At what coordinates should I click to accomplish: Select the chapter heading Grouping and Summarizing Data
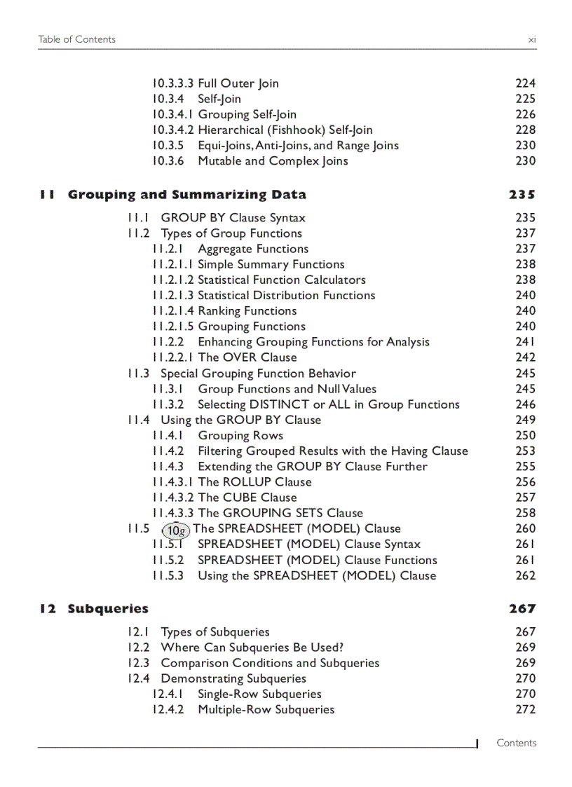pos(186,195)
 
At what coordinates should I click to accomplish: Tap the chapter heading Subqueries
pos(108,609)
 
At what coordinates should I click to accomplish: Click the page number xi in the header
pos(531,39)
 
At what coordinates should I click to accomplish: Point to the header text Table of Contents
pos(77,39)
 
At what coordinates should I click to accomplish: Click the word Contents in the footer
pos(516,743)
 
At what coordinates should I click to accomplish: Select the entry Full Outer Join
pos(238,83)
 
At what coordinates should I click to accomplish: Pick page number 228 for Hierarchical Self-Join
pos(525,130)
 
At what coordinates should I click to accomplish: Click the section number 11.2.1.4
pos(173,311)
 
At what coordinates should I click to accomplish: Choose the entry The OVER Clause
pos(247,357)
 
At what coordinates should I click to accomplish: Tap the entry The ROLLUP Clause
pos(254,482)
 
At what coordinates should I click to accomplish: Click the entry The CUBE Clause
pos(247,498)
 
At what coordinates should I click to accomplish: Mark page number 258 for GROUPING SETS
pos(525,513)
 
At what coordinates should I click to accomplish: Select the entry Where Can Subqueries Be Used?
pos(252,648)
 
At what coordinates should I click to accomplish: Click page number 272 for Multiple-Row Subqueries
pos(525,709)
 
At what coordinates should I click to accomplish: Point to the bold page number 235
pos(522,195)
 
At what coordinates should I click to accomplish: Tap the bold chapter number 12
pos(48,609)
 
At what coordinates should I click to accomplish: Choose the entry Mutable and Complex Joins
pos(273,161)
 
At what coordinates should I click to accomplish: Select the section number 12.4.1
pos(167,694)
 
